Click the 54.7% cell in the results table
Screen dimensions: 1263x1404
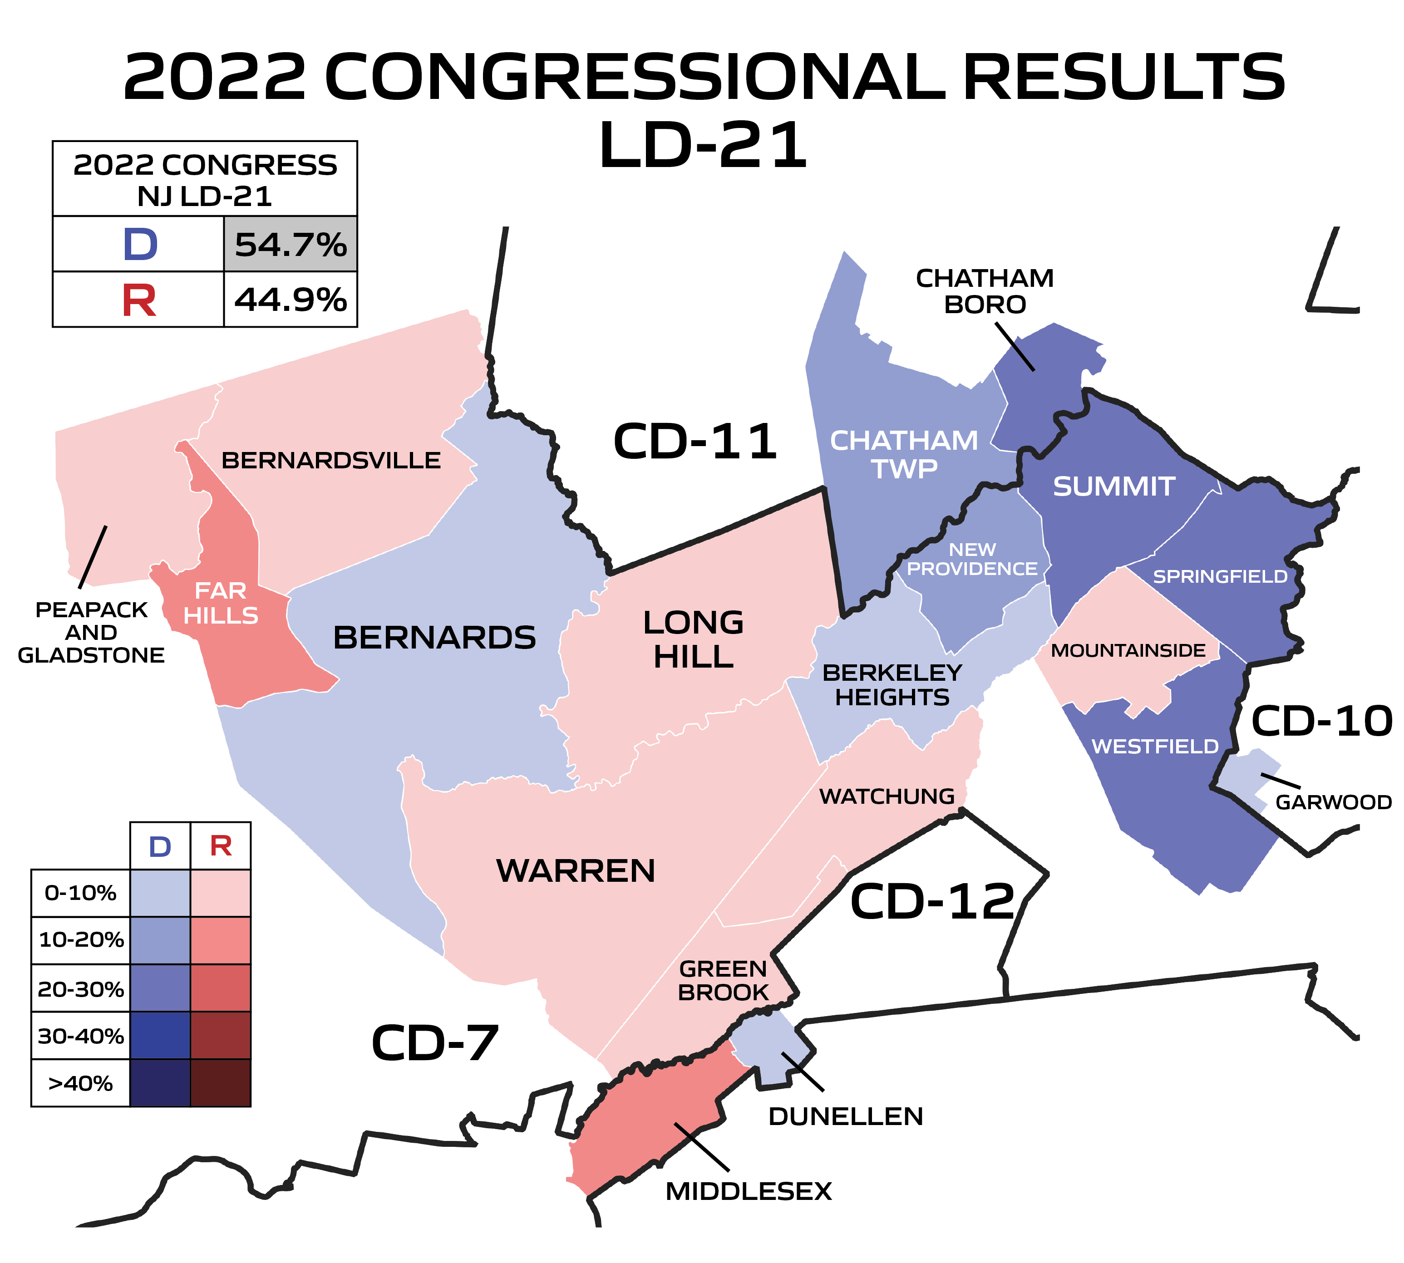[290, 244]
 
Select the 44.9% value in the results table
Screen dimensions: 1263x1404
[290, 300]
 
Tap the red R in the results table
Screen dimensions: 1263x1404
[139, 300]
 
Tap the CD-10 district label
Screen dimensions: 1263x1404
[1321, 721]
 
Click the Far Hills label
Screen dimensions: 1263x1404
[221, 602]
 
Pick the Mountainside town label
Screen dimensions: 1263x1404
[1128, 650]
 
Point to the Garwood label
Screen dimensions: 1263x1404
[1333, 802]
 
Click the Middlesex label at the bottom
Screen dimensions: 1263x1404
[748, 1192]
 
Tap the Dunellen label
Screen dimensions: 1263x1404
[845, 1116]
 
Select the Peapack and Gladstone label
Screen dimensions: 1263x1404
[91, 632]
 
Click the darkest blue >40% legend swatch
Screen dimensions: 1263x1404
[160, 1082]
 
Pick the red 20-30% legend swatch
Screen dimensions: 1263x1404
[221, 988]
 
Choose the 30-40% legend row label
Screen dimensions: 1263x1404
[80, 1035]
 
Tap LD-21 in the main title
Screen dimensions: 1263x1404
[702, 144]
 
